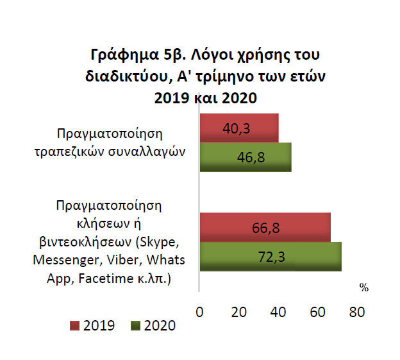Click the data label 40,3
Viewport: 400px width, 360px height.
point(236,128)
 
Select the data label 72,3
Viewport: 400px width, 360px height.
point(271,257)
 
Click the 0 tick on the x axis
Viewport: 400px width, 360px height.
point(199,312)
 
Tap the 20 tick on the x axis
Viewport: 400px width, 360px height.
point(239,312)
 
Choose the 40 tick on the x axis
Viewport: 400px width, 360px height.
point(278,312)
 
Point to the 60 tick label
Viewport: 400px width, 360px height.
point(317,312)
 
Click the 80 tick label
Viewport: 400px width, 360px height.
point(356,312)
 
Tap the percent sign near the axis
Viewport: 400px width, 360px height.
point(363,287)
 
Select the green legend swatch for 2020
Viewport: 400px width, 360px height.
point(135,326)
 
